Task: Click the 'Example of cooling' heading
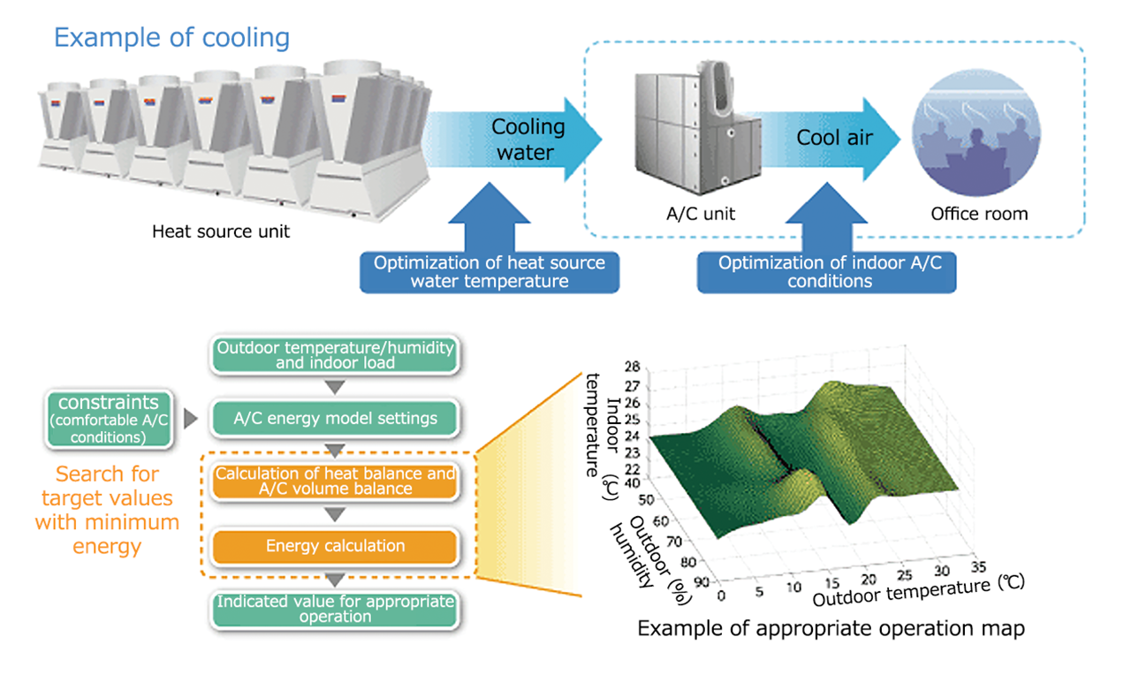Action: pos(171,38)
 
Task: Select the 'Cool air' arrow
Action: pos(835,138)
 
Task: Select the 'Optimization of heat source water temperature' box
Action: pos(490,272)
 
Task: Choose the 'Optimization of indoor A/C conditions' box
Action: pos(826,272)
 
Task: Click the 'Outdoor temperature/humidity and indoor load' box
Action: pos(335,355)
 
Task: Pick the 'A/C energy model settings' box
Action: pos(335,418)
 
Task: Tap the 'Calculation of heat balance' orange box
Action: pos(335,481)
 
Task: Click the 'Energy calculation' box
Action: pos(335,546)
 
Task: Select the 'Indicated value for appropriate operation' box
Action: pos(335,609)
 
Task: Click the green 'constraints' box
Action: pos(109,419)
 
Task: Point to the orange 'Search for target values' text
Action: pos(107,511)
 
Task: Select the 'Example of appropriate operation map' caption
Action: pos(831,629)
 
